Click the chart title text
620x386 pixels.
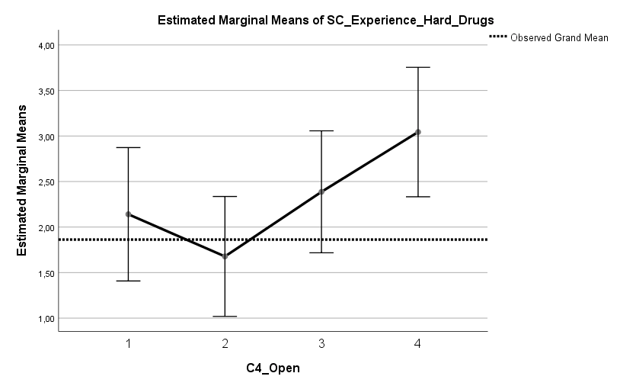(x=320, y=20)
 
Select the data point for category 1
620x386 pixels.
(x=128, y=214)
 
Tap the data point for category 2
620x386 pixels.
(x=225, y=256)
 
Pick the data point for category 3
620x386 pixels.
(x=321, y=191)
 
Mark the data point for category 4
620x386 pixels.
(x=417, y=132)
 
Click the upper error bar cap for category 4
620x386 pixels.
(x=417, y=67)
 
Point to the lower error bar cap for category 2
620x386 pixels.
(x=225, y=316)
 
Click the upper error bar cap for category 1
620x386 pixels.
(x=128, y=147)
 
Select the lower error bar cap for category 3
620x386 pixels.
(x=321, y=253)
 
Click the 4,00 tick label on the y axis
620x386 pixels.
(x=46, y=45)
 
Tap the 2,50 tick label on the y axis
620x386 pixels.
(x=46, y=182)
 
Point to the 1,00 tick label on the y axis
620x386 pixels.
(x=46, y=318)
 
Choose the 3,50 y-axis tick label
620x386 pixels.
(x=46, y=91)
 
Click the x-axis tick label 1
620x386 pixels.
(x=128, y=344)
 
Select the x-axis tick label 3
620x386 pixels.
(x=321, y=344)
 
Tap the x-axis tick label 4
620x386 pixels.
(x=417, y=344)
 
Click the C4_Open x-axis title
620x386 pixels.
(x=273, y=368)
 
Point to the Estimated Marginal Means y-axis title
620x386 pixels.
(x=22, y=182)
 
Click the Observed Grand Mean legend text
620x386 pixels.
(x=559, y=37)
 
